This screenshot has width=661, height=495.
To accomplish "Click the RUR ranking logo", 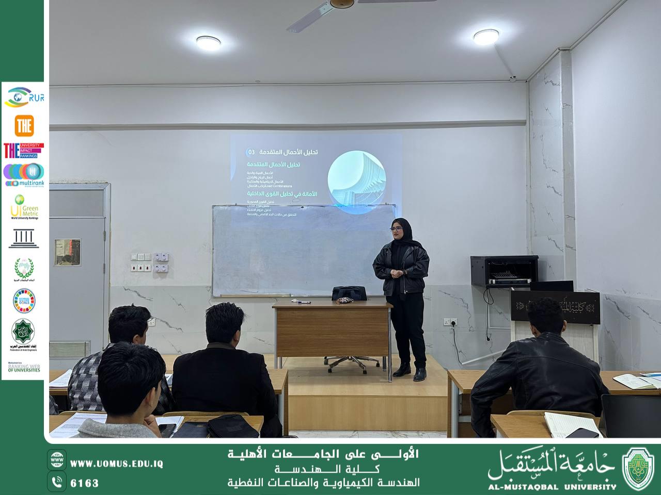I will tap(24, 97).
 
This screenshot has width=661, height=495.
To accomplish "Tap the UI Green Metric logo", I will tap(24, 207).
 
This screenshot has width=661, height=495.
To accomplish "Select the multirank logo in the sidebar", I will tap(24, 175).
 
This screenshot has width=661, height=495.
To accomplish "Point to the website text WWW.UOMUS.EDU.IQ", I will tap(116, 464).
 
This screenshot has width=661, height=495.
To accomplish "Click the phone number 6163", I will tap(84, 483).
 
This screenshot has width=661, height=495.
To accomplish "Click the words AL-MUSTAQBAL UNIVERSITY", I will tap(552, 486).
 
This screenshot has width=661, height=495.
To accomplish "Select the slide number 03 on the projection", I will tap(251, 153).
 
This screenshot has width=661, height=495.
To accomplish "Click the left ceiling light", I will tap(208, 42).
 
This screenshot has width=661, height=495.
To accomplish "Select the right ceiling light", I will tap(486, 36).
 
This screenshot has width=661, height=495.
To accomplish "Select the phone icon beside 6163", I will tap(57, 482).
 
